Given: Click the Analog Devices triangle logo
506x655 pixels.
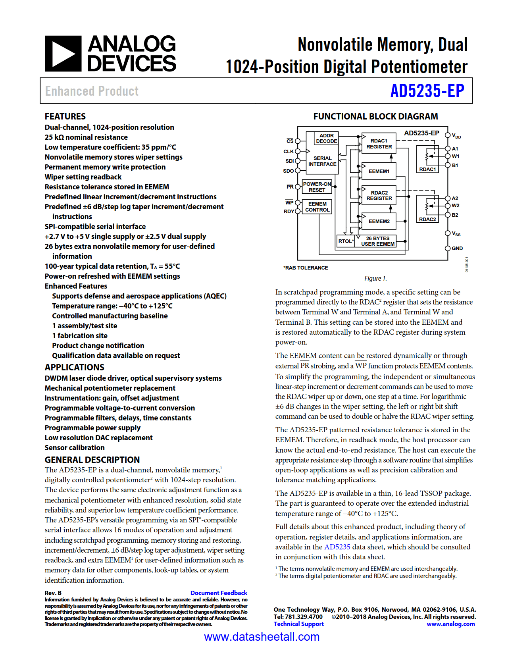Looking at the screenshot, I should click(63, 54).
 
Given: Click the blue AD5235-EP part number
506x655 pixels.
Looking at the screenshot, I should click(427, 91).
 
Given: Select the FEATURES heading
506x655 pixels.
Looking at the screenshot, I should click(65, 116).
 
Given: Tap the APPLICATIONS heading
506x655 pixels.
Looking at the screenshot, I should click(74, 367).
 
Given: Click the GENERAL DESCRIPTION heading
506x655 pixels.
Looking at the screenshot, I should click(92, 460).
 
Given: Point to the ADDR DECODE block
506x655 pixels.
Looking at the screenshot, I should click(326, 138).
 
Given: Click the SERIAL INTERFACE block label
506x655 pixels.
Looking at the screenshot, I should click(322, 161).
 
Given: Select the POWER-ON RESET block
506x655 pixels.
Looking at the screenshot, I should click(317, 187).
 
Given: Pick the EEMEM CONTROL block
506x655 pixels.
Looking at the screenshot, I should click(317, 207).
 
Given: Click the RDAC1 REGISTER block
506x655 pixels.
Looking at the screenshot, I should click(379, 144).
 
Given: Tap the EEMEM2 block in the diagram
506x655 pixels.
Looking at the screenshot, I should click(379, 222).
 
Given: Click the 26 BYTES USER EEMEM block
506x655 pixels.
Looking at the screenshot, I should click(378, 241).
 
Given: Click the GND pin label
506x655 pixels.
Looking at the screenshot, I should click(457, 249).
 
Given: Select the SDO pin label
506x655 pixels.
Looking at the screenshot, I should click(289, 171).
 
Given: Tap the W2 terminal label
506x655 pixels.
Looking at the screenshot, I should click(455, 206).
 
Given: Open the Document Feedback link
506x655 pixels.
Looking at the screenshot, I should click(219, 593).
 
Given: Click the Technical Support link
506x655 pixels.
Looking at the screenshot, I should click(298, 624).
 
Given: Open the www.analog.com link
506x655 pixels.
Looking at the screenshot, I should click(450, 624).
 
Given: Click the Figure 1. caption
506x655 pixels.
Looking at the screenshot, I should click(375, 278).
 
